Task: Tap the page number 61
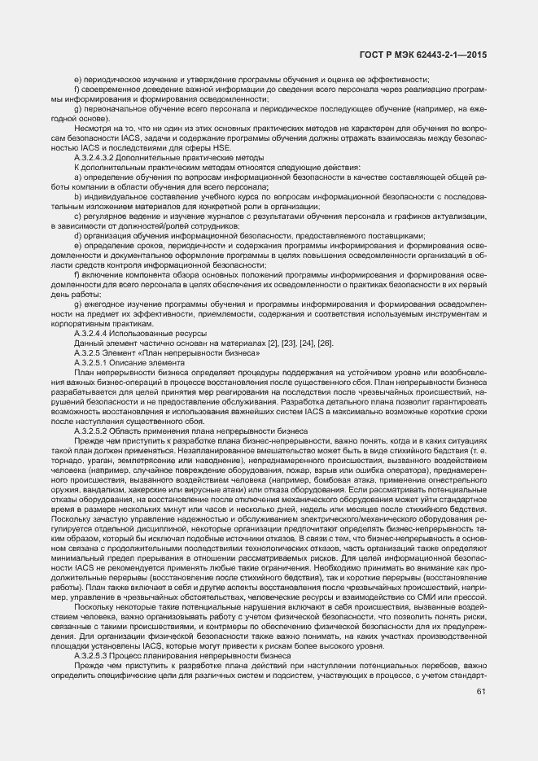(481, 693)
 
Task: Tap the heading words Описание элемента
(156, 362)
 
